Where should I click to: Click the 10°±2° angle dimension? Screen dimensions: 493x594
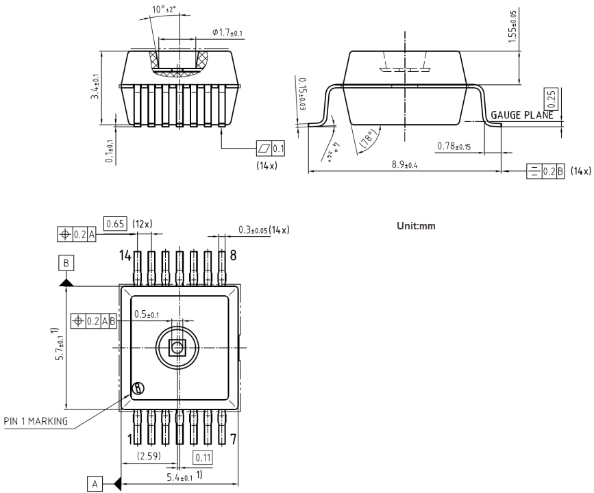(x=165, y=10)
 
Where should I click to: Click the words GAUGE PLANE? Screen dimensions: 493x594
(x=521, y=116)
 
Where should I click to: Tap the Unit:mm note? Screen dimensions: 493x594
(x=416, y=226)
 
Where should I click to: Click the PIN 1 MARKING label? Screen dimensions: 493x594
(x=36, y=421)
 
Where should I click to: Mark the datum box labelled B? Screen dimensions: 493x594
(x=66, y=263)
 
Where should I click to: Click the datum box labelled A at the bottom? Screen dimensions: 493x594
(x=96, y=483)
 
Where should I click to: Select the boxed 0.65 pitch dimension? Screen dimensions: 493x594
(x=114, y=223)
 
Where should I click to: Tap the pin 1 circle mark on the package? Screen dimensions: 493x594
(x=138, y=388)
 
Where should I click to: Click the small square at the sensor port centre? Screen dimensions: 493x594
(x=177, y=347)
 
